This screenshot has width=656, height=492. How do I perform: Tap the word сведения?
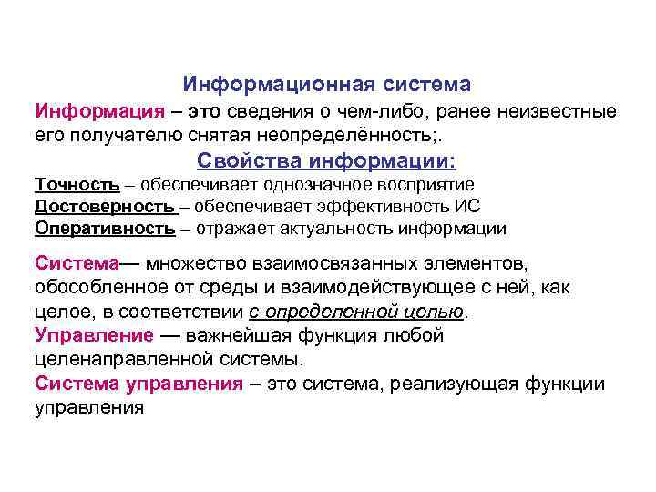[275, 112]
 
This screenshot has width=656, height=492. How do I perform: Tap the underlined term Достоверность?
[104, 206]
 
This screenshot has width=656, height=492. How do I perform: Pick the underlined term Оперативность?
[104, 228]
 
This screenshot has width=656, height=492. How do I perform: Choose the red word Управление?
[92, 335]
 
